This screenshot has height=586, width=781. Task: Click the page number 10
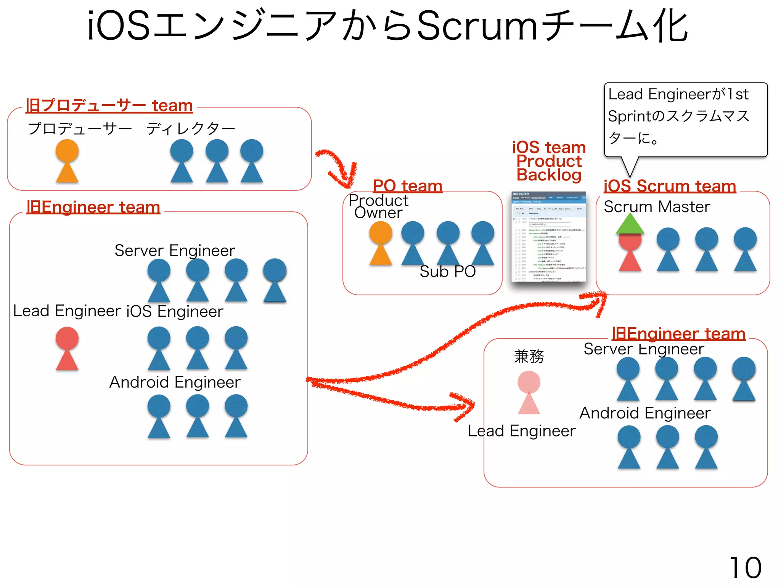point(745,568)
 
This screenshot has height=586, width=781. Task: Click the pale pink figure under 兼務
point(529,392)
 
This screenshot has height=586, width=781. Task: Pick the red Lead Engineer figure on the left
point(67,348)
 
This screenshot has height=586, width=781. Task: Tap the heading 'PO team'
point(407,186)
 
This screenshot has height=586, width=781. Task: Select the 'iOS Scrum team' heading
point(670,186)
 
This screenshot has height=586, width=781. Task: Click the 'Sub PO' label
point(447,272)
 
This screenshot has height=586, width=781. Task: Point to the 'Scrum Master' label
point(657,207)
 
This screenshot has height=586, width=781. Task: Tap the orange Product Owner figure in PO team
point(381,243)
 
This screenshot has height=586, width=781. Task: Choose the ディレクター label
point(191,129)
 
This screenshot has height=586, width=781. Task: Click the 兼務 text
point(529,356)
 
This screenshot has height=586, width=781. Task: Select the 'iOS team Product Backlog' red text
point(549,161)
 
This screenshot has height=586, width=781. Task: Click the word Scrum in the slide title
point(477,26)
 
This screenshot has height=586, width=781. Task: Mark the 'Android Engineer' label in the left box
point(175,382)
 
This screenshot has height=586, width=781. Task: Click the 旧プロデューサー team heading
point(109,105)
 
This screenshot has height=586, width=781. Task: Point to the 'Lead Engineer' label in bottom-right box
point(521,431)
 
